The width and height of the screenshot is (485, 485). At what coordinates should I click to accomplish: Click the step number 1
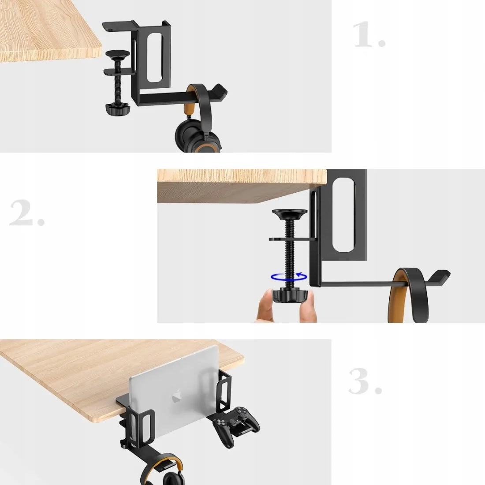pyautogui.click(x=369, y=34)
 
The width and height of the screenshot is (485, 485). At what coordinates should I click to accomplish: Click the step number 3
pyautogui.click(x=366, y=381)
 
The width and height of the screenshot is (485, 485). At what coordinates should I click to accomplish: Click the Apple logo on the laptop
pyautogui.click(x=177, y=395)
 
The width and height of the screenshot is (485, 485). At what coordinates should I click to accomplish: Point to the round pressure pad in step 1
pyautogui.click(x=118, y=55)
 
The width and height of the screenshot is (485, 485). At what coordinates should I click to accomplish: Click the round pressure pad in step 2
pyautogui.click(x=290, y=214)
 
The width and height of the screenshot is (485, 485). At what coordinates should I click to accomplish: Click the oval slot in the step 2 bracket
pyautogui.click(x=343, y=214)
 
